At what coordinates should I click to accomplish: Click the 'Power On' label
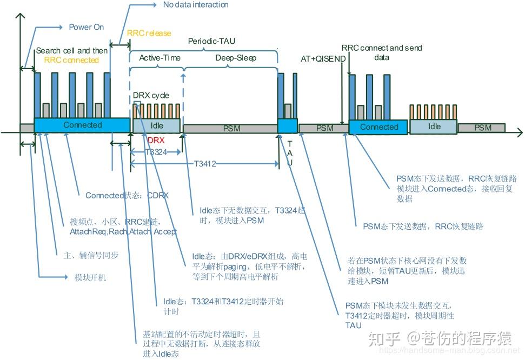tap(86, 27)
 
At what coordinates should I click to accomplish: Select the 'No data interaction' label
tap(195, 5)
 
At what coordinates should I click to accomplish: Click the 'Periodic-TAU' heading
tap(211, 41)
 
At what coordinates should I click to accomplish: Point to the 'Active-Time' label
tap(160, 58)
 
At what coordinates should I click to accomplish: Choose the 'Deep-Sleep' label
tap(236, 58)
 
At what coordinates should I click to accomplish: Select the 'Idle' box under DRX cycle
tap(156, 125)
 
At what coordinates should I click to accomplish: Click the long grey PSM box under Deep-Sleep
tap(230, 128)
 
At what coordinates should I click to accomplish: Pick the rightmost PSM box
tap(482, 128)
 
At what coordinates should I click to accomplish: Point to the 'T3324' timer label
tap(156, 152)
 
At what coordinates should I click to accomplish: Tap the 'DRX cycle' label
tap(151, 95)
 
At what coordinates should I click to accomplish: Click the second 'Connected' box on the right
tap(378, 127)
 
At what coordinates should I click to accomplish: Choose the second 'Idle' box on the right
tap(434, 126)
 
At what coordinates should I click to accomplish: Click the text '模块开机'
tap(90, 277)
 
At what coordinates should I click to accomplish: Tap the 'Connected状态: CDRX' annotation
tap(127, 195)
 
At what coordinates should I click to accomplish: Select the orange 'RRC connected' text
tap(71, 60)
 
